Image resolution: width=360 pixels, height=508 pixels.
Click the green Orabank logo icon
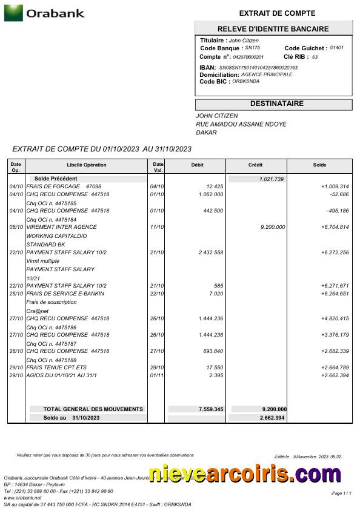(x=13, y=13)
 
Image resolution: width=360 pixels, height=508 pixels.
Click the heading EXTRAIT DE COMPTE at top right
(x=277, y=13)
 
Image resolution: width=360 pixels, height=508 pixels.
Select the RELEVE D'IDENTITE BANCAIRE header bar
(x=273, y=28)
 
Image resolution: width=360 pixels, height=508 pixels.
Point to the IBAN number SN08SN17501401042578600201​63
(x=258, y=67)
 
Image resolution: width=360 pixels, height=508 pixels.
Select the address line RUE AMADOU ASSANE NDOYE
(x=241, y=124)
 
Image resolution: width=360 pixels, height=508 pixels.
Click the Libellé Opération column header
(x=87, y=165)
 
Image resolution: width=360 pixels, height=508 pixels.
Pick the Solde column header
(x=319, y=165)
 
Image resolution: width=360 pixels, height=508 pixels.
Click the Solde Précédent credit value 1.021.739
(x=271, y=179)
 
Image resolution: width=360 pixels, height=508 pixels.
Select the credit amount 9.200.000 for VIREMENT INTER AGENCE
(x=272, y=227)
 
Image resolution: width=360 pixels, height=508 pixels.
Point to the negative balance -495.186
(x=338, y=211)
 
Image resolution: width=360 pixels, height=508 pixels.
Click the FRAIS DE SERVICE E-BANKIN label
(x=65, y=294)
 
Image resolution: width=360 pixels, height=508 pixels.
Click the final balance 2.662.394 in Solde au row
(x=273, y=418)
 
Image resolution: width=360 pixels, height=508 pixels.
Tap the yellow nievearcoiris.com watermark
(x=244, y=474)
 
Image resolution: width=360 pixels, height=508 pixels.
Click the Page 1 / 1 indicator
(x=341, y=493)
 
